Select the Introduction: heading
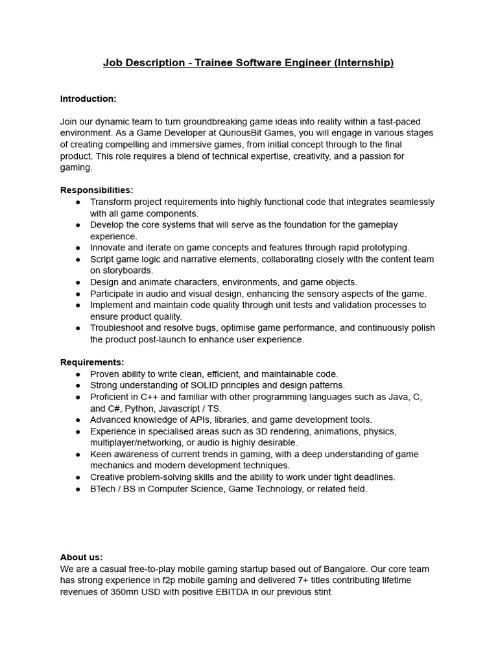tap(88, 99)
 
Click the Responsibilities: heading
tap(97, 190)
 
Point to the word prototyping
tap(383, 247)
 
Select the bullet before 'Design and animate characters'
tap(78, 282)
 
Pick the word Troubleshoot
tap(119, 327)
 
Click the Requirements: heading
tap(92, 362)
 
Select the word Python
tap(139, 409)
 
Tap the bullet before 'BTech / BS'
tap(78, 489)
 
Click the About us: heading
tap(81, 557)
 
